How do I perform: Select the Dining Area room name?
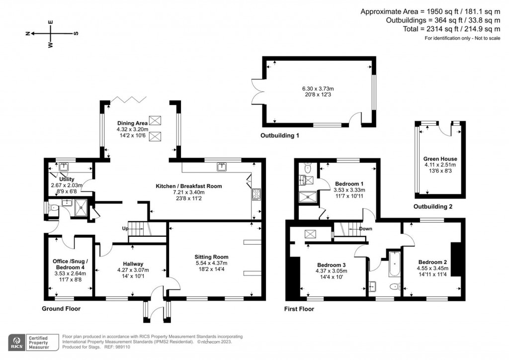coord(131,123)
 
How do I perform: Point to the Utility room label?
coord(67,179)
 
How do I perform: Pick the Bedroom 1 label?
coord(349,183)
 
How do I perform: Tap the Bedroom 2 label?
coord(432,262)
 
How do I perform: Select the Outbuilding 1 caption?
coord(279,135)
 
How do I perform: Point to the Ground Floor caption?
coord(61,309)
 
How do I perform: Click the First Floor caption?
coord(299,309)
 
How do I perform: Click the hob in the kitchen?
coord(256,194)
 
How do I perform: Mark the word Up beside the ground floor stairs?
coord(126,228)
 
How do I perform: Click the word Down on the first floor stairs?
coord(366,229)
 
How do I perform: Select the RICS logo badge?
coord(17,343)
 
